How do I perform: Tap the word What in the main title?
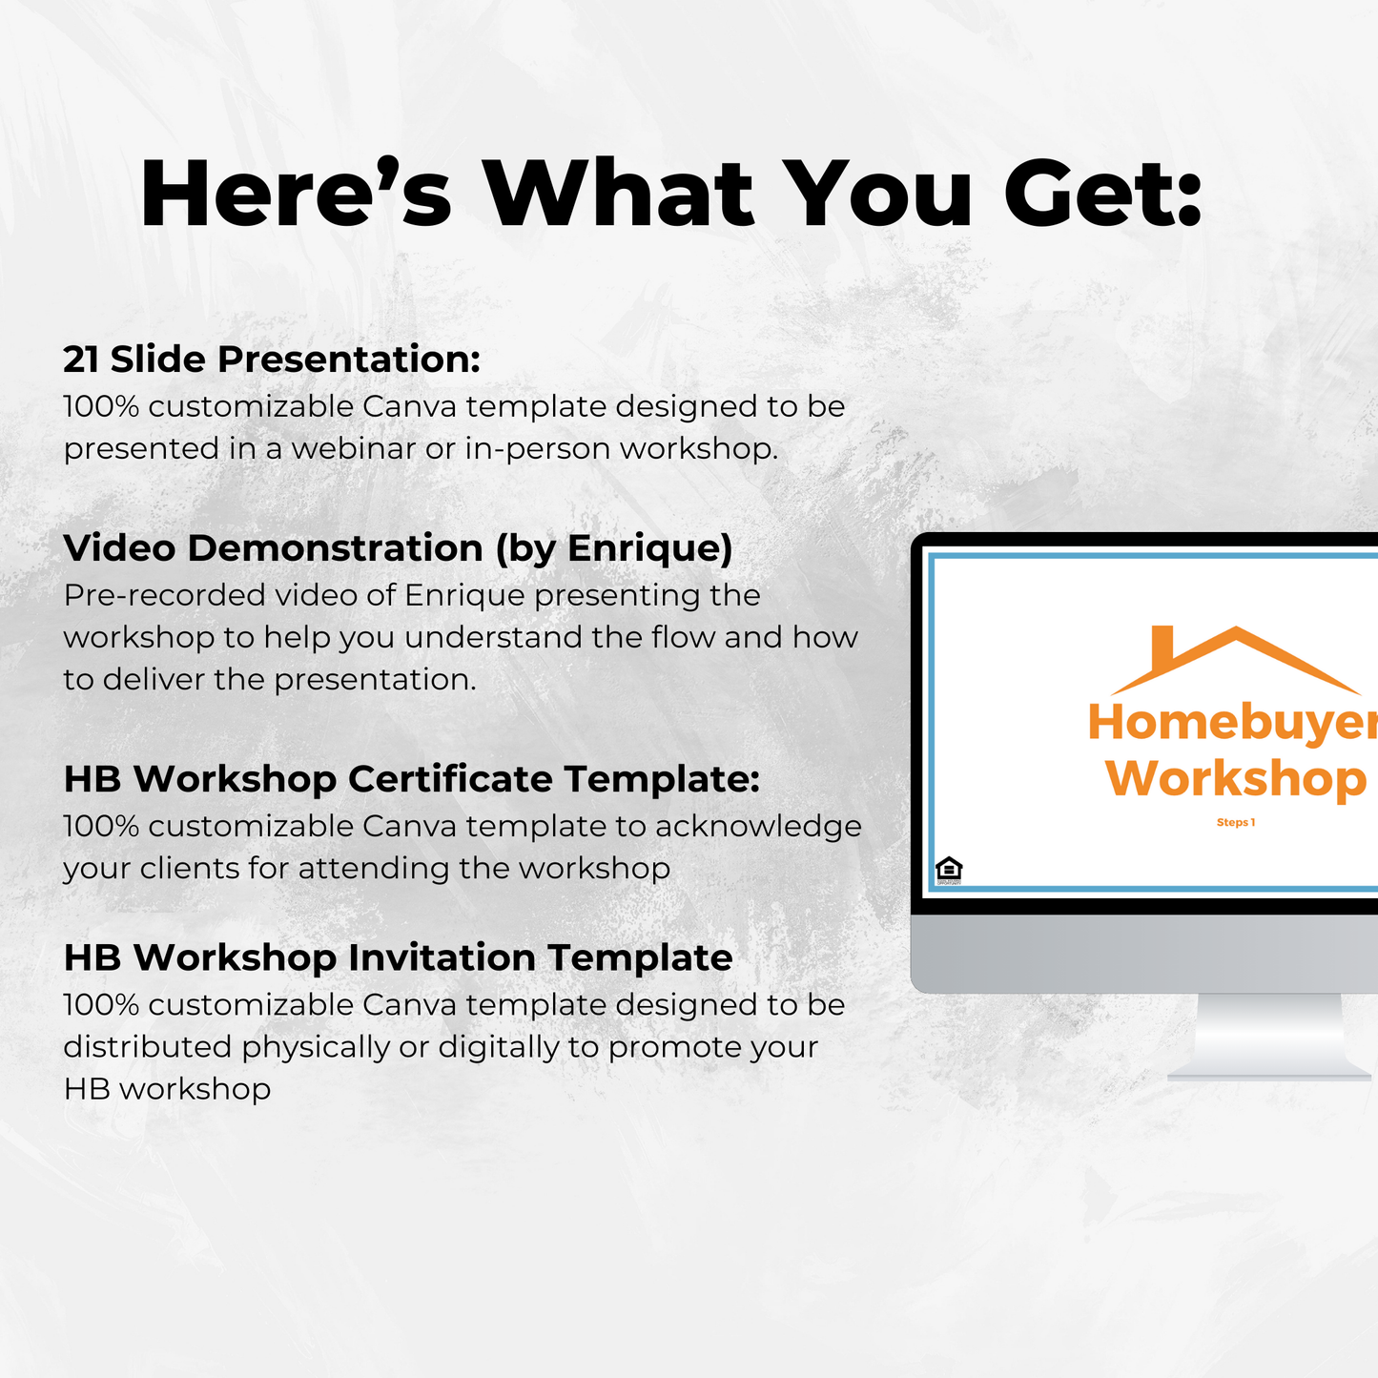[620, 194]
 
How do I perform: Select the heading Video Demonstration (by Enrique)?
[398, 548]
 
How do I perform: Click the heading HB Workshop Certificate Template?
[411, 779]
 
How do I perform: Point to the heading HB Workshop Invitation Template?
[398, 957]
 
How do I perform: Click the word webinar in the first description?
[353, 448]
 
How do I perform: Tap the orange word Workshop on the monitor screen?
[1236, 779]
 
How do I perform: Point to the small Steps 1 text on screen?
[1236, 822]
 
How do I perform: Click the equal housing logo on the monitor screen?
[949, 870]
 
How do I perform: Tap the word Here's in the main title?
[296, 194]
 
